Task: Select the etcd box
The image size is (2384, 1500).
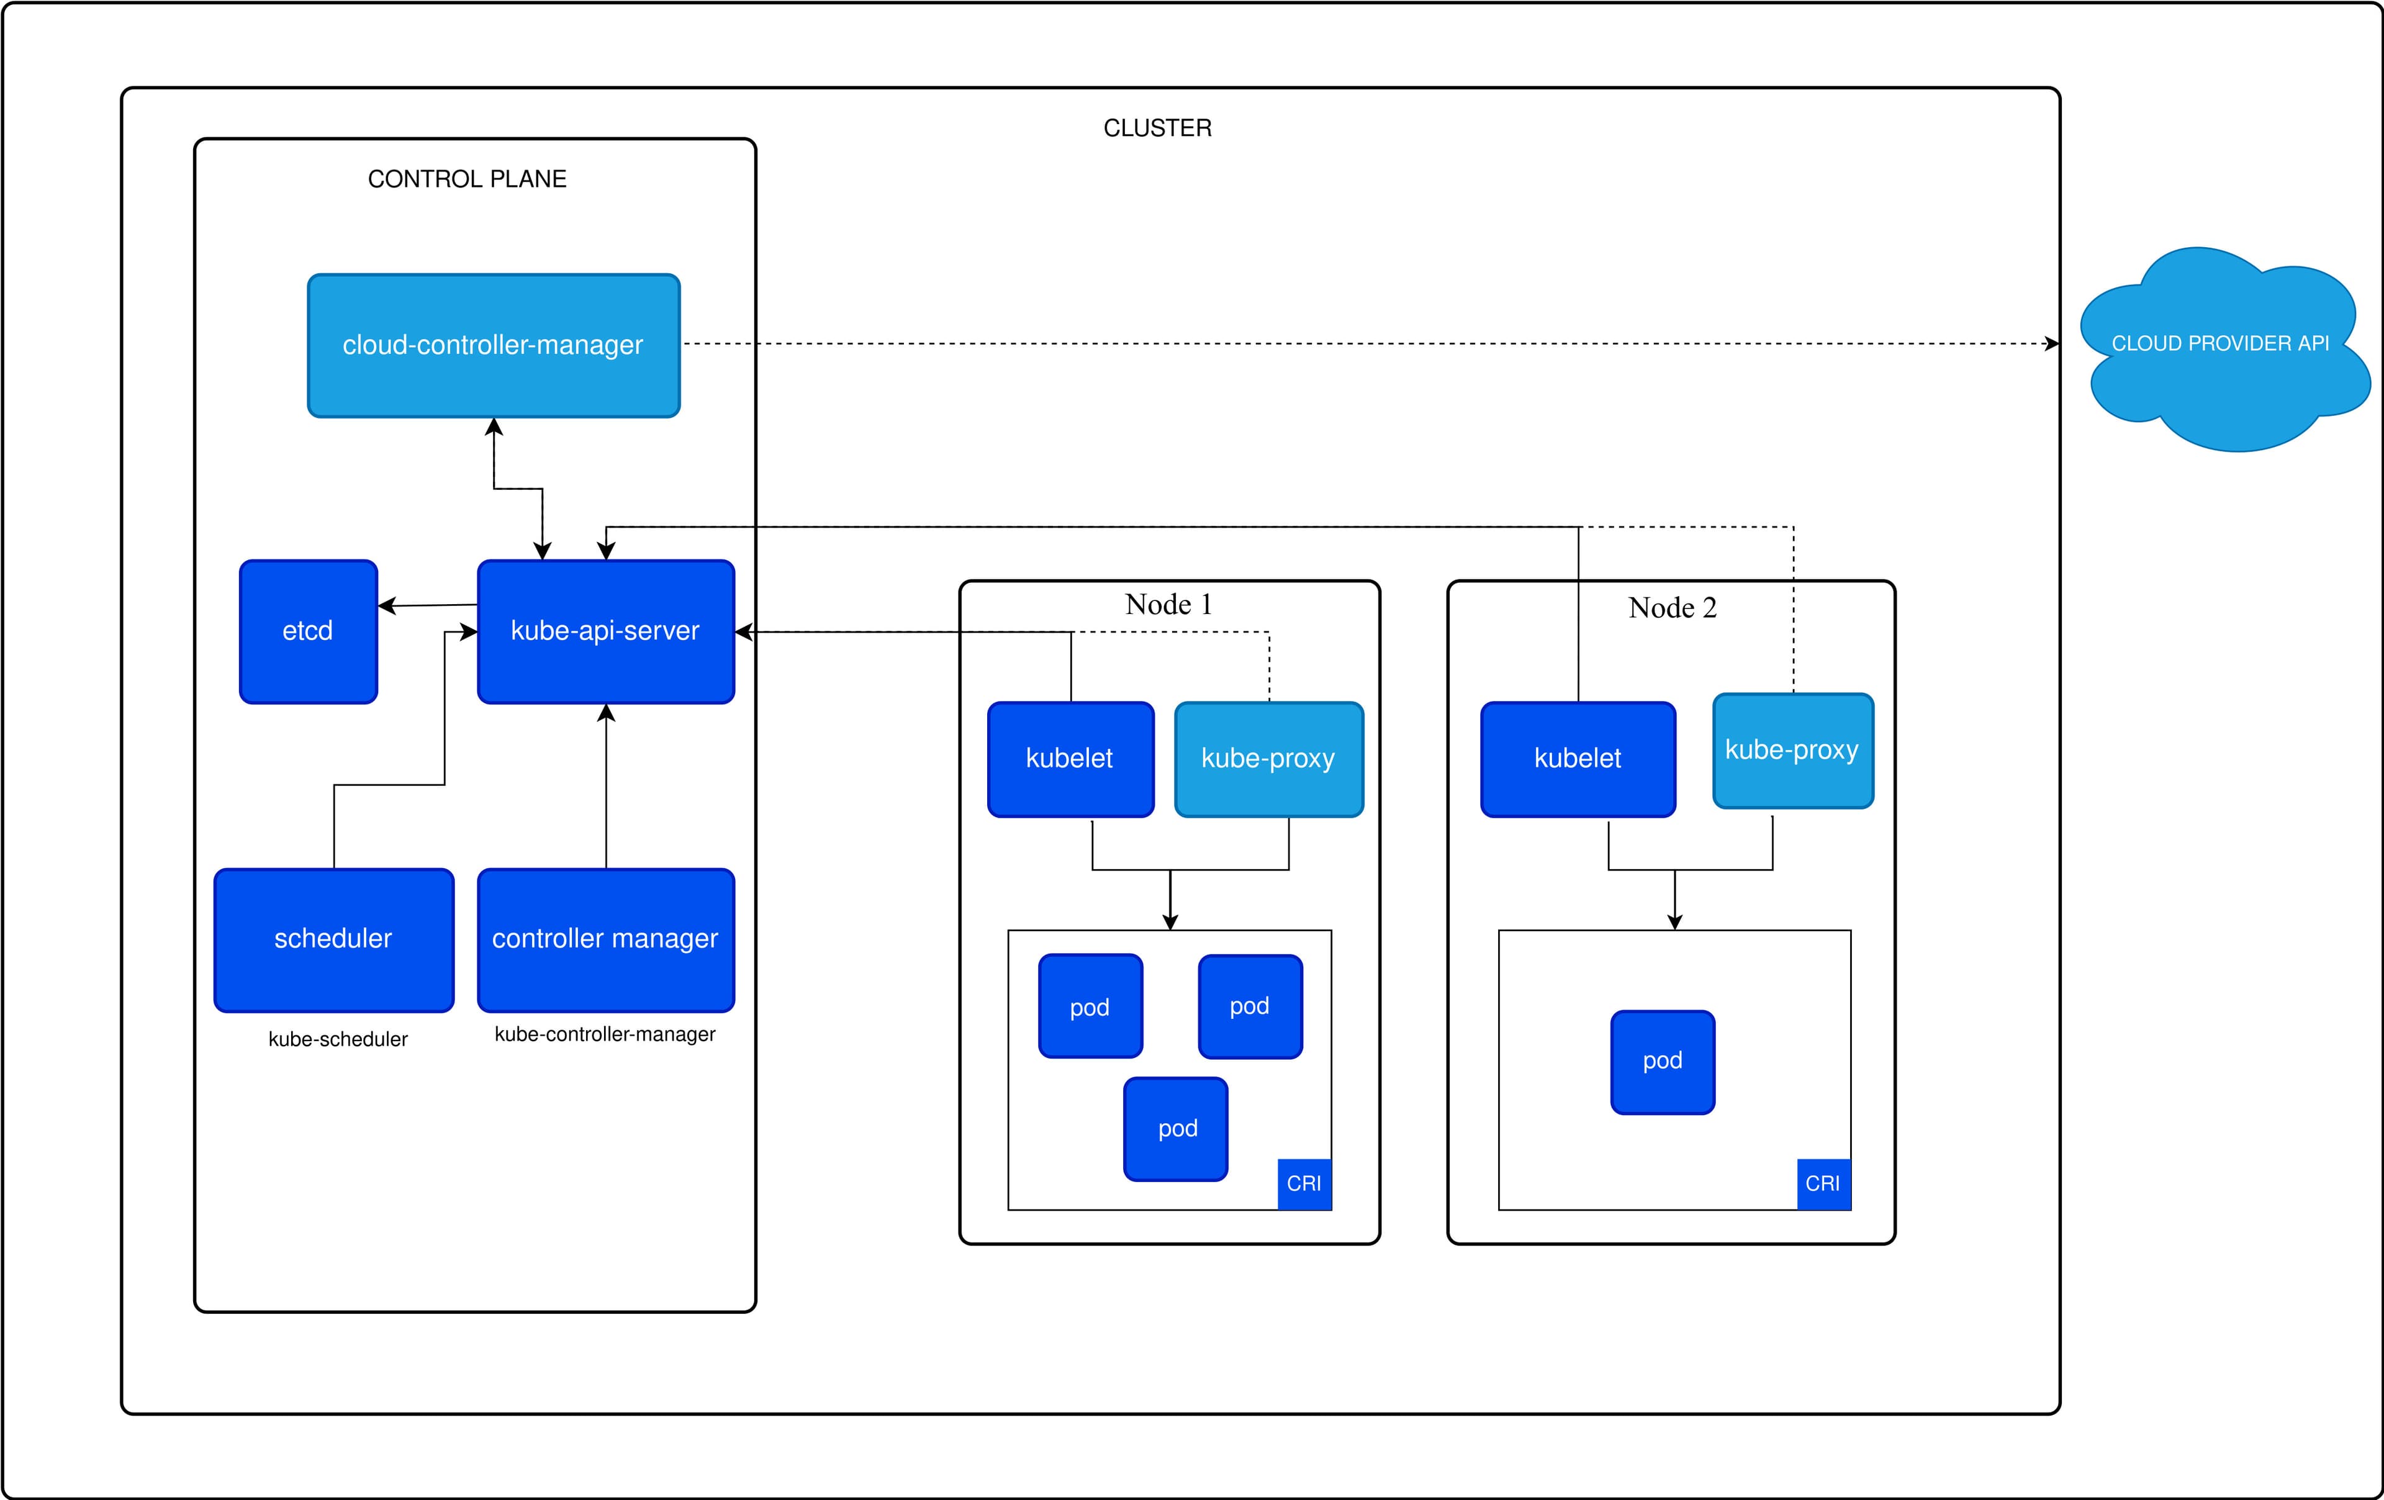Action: (x=308, y=631)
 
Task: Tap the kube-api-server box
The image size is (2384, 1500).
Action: (x=605, y=631)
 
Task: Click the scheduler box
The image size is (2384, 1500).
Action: (x=333, y=939)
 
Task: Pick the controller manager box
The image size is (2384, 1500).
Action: (x=605, y=939)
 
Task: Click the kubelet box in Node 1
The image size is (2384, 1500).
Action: (x=1070, y=759)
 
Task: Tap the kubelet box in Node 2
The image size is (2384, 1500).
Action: (x=1577, y=759)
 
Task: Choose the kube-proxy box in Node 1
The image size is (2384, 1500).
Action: (x=1268, y=759)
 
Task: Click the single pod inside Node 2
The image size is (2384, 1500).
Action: (x=1662, y=1062)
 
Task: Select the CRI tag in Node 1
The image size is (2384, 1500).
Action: (x=1304, y=1183)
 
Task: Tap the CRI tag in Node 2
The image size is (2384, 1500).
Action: (x=1823, y=1183)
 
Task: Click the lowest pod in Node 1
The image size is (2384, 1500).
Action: (x=1176, y=1129)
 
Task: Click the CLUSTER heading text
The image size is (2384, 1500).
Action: (x=1157, y=128)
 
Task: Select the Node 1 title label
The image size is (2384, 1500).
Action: (x=1168, y=604)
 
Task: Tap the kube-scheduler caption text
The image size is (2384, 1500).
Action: (x=338, y=1039)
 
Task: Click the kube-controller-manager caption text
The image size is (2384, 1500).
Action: (x=605, y=1034)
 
